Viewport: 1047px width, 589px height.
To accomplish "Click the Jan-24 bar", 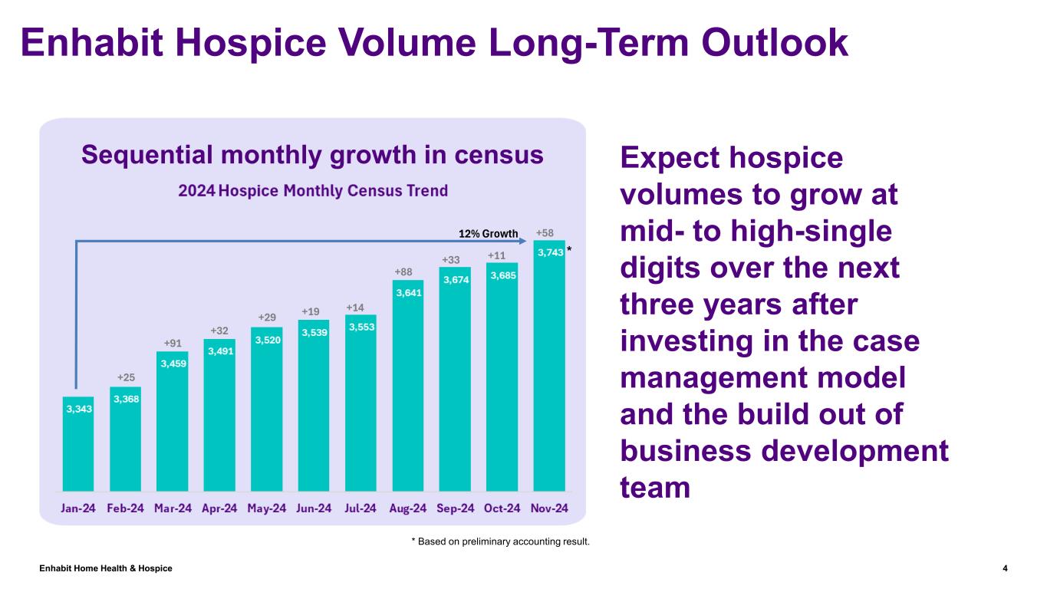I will pyautogui.click(x=78, y=445).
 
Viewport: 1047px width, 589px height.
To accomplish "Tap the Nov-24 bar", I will pyautogui.click(x=548, y=368).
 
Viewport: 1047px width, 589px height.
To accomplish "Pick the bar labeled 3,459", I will pyautogui.click(x=172, y=422).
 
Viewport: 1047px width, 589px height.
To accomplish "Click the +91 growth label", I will pyautogui.click(x=172, y=343).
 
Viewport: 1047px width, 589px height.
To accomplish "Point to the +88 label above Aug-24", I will pyautogui.click(x=403, y=271).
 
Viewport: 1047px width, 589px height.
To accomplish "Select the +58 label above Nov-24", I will pyautogui.click(x=545, y=232).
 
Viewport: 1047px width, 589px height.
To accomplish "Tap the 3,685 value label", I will pyautogui.click(x=502, y=275).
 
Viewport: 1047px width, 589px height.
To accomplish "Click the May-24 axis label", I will pyautogui.click(x=266, y=508).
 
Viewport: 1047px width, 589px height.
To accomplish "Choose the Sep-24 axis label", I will pyautogui.click(x=455, y=508).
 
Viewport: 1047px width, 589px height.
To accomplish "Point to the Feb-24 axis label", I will pyautogui.click(x=125, y=508).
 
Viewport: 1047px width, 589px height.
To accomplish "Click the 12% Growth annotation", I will pyautogui.click(x=488, y=233).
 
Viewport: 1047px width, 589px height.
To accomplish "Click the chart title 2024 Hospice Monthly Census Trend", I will pyautogui.click(x=312, y=190).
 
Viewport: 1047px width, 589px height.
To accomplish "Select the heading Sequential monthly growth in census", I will pyautogui.click(x=312, y=155).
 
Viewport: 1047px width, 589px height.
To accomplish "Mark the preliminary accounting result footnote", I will pyautogui.click(x=501, y=542).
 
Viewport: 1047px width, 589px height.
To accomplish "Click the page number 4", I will pyautogui.click(x=1005, y=568).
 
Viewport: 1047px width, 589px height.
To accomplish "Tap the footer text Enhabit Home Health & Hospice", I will pyautogui.click(x=106, y=568).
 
